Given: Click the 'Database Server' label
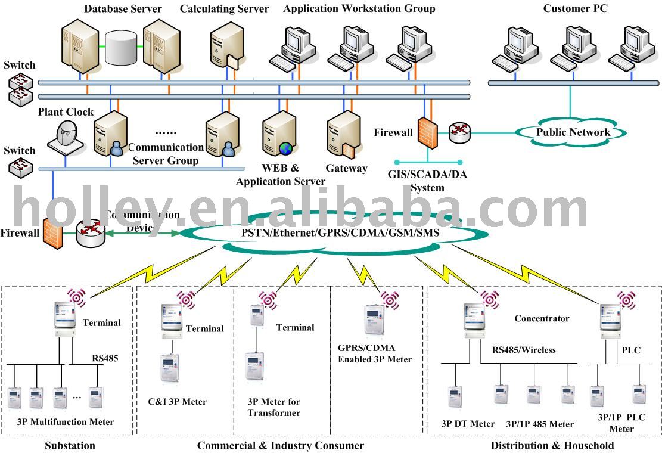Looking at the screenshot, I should tap(123, 9).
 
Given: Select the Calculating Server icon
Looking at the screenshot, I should tap(225, 44).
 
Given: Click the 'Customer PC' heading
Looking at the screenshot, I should tap(575, 9).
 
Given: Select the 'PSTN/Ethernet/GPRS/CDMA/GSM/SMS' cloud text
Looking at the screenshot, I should tap(340, 233).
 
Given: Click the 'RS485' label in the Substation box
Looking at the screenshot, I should tap(105, 358).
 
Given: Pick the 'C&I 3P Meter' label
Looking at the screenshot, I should tap(178, 402).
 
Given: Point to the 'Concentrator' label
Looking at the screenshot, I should tap(542, 318).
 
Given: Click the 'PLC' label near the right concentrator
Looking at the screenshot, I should tap(631, 350).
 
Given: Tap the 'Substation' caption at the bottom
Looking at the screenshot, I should tap(70, 445).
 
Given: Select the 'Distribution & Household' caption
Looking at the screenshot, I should tap(552, 445).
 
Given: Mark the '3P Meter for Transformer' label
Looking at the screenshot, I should tap(274, 407).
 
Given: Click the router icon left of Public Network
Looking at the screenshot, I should tap(459, 132).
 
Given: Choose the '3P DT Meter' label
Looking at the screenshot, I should tap(468, 424).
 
